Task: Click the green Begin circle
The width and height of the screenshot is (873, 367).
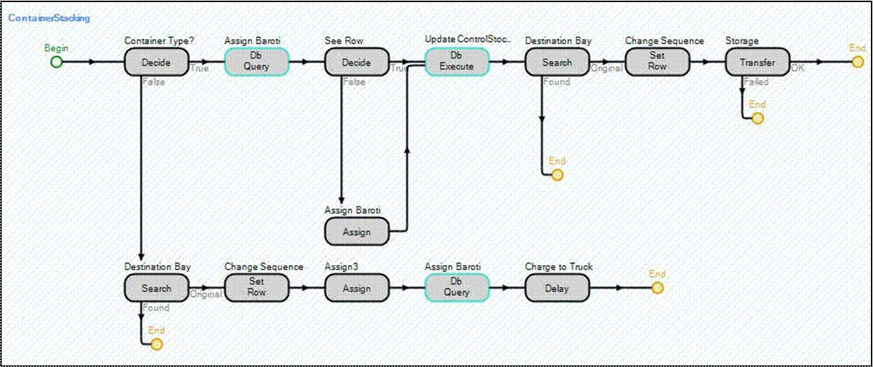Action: coord(57,62)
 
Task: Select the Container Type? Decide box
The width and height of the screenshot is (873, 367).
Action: coord(156,62)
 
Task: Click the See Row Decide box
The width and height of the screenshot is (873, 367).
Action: coord(356,62)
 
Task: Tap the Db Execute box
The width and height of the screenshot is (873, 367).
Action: coord(456,62)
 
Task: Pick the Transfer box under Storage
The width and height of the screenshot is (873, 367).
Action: coord(757,62)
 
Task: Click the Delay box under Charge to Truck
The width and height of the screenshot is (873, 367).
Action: coord(557,287)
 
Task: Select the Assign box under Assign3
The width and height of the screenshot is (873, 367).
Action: coord(356,287)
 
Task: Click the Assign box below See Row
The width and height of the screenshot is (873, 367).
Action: coord(356,231)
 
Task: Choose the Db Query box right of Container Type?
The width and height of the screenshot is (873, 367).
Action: coord(256,62)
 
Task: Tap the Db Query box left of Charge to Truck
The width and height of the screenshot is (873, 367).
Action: coord(456,287)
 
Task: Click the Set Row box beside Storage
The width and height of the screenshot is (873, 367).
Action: coord(657,62)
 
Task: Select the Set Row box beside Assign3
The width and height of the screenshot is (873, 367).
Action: coord(256,287)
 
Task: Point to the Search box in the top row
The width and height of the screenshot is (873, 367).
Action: coord(557,62)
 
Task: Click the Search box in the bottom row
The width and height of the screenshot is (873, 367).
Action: coord(156,287)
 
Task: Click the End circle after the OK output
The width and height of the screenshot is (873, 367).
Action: coord(858,62)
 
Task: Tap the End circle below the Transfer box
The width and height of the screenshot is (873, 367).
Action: coord(757,118)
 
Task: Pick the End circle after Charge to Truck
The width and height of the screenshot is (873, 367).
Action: coord(657,287)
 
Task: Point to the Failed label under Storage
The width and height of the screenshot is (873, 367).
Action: coord(756,82)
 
